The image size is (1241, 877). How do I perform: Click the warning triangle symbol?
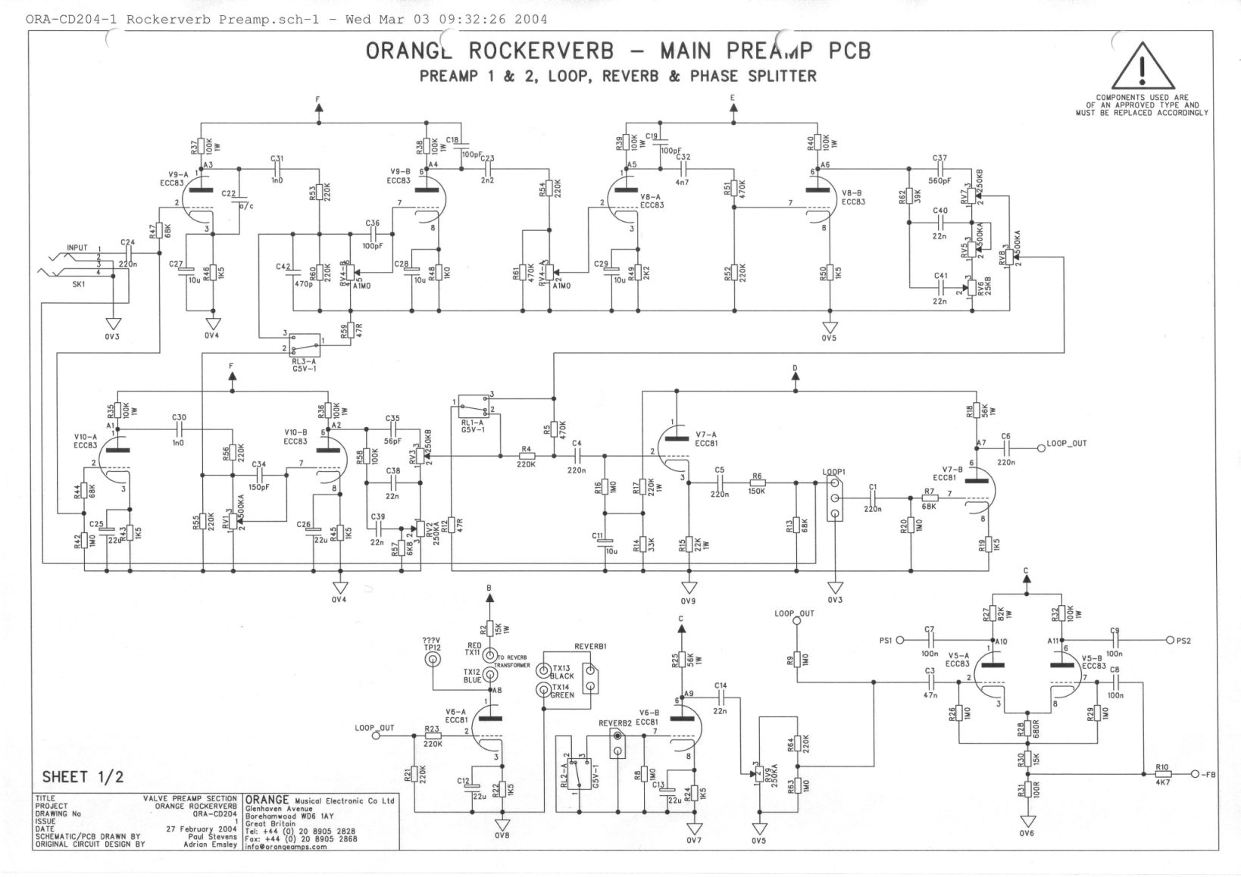point(1141,66)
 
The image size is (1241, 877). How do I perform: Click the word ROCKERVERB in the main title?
point(537,51)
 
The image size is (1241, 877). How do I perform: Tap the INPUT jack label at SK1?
point(77,248)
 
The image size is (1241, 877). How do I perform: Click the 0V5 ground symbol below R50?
point(830,328)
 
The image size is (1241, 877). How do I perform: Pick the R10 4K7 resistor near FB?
point(1163,774)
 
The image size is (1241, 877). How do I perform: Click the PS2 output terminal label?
point(1183,640)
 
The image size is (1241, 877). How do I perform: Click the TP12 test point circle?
point(433,660)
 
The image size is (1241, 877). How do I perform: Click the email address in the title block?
point(286,847)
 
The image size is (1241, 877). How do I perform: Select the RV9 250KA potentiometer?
point(758,772)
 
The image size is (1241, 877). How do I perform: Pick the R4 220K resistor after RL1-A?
point(527,456)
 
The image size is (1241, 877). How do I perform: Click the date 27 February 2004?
point(202,829)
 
